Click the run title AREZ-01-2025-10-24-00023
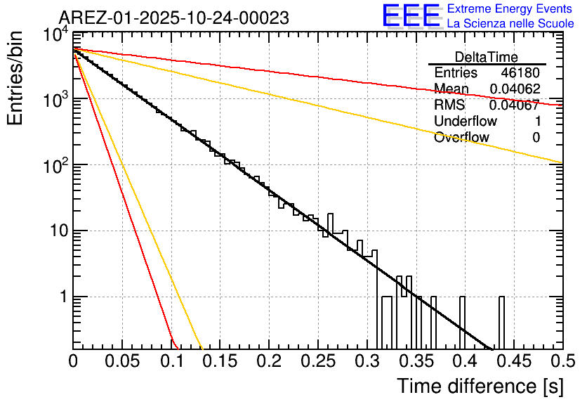point(173,18)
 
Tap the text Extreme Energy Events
point(510,9)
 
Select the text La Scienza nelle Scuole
point(510,23)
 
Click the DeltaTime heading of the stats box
point(487,57)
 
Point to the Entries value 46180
point(520,73)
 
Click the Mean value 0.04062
point(514,89)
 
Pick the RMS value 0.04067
point(514,105)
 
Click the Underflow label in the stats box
point(466,121)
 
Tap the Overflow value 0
point(536,138)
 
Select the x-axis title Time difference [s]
point(480,386)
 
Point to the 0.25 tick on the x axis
point(317,361)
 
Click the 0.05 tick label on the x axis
point(121,361)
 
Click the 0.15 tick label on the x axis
point(220,361)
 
